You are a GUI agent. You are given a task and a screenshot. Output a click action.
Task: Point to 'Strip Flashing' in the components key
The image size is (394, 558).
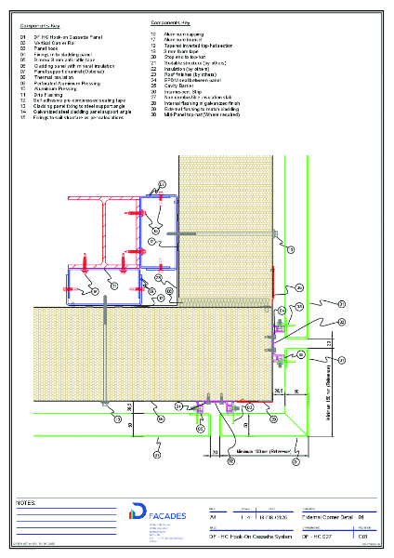pyautogui.click(x=47, y=94)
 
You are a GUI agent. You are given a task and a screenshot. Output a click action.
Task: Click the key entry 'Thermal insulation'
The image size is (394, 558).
pyautogui.click(x=52, y=76)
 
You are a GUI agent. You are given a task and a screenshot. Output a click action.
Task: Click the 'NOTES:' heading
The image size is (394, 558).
pyautogui.click(x=26, y=502)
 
